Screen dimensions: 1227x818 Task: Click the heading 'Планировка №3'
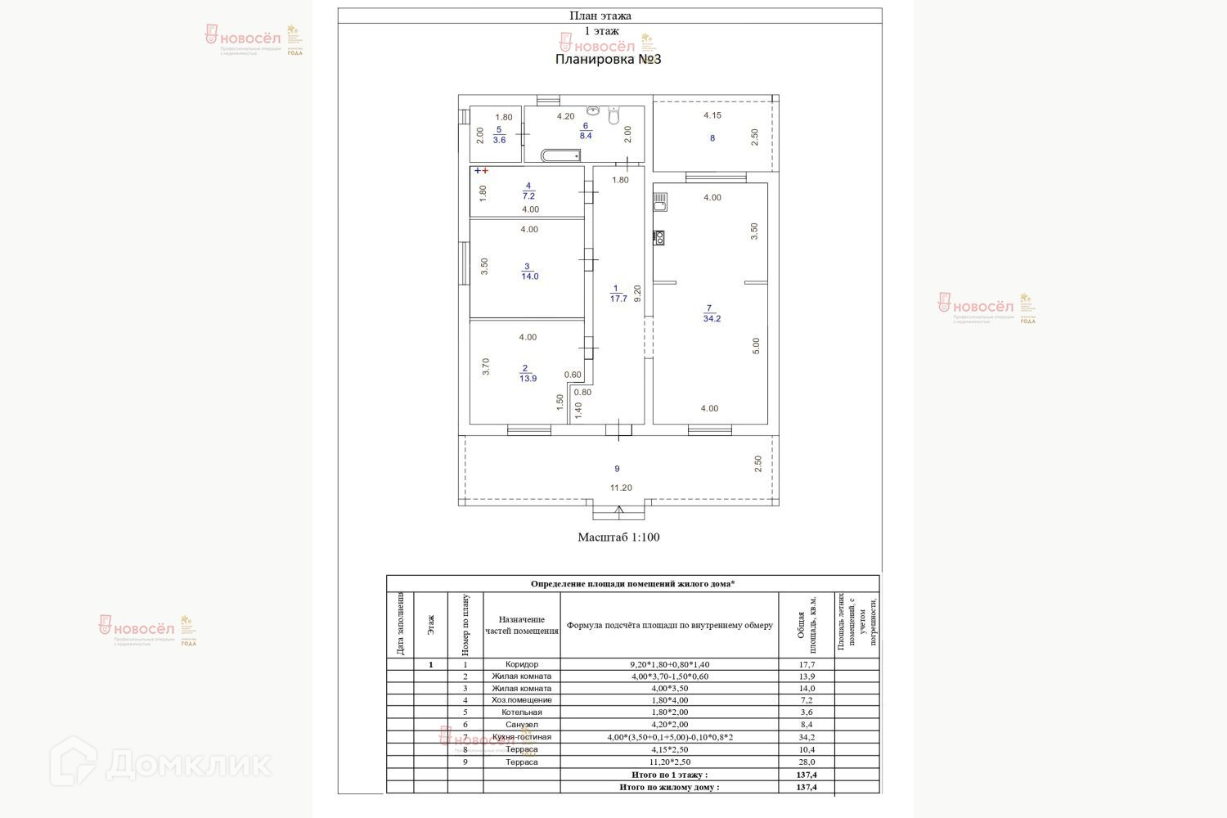[x=608, y=59]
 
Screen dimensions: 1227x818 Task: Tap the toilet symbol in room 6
[x=614, y=115]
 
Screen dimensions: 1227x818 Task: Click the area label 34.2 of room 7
[x=712, y=318]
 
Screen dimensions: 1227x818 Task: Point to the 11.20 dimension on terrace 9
[x=621, y=488]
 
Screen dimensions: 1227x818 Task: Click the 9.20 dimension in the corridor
[x=637, y=294]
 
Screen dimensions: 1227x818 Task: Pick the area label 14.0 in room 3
[x=529, y=276]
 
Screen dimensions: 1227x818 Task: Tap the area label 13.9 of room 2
[x=528, y=378]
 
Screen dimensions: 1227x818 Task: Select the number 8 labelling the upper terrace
[x=712, y=138]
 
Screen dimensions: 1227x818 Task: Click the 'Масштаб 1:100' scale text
[x=618, y=537]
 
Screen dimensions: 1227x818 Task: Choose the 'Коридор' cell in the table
[x=522, y=664]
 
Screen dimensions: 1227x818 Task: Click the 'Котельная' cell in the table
[x=522, y=712]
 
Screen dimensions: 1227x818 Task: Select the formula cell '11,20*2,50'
[x=669, y=762]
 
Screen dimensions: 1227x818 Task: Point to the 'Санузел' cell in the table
[x=522, y=725]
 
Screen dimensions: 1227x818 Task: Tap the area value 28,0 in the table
[x=807, y=762]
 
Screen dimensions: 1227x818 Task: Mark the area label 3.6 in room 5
[x=499, y=140]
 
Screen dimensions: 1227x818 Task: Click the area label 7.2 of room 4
[x=528, y=196]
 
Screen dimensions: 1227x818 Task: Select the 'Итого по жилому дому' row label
[x=669, y=787]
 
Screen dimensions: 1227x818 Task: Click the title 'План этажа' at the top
[x=600, y=16]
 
